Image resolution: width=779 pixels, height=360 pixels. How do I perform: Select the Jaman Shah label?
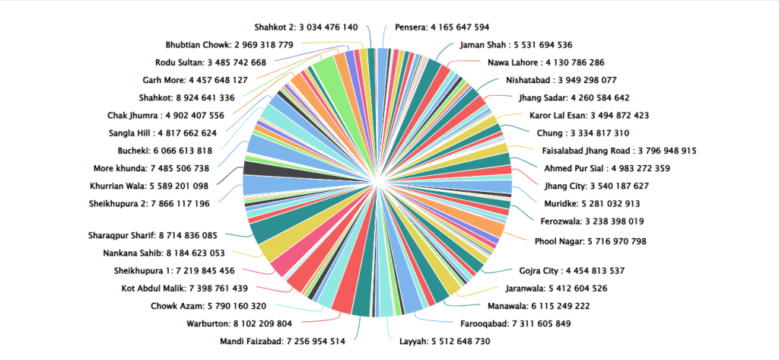point(516,45)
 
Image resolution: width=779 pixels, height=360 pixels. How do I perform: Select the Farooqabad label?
point(515,323)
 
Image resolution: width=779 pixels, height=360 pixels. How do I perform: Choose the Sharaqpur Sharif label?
point(152,236)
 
